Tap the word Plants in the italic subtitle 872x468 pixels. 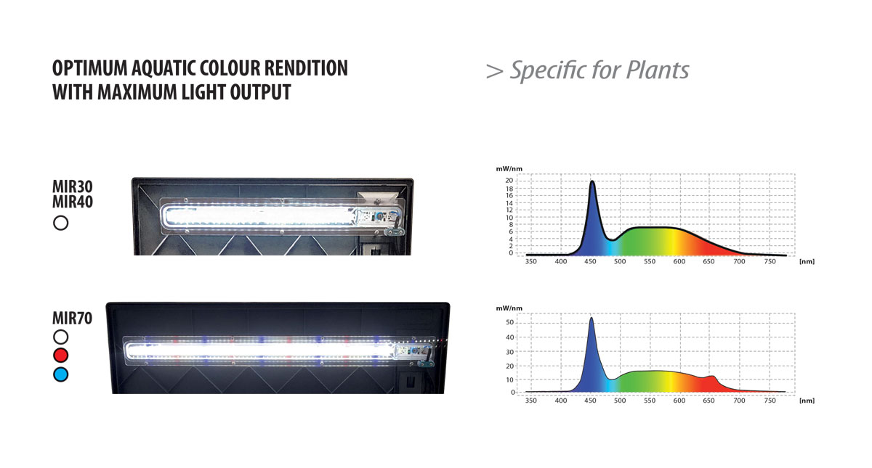[x=658, y=70]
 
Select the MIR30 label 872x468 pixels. [x=73, y=186]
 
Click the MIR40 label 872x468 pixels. [x=73, y=202]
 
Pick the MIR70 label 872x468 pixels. [x=73, y=319]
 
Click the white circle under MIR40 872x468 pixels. [x=61, y=223]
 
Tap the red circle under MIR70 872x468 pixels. [x=61, y=356]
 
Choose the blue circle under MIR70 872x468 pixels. [x=61, y=374]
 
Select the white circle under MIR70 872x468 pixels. [x=61, y=337]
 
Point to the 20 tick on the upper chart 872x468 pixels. [x=509, y=181]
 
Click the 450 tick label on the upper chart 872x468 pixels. [x=590, y=262]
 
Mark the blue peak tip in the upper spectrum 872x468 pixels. [x=592, y=181]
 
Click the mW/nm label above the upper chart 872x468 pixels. [x=509, y=168]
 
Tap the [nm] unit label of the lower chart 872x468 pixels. [x=807, y=401]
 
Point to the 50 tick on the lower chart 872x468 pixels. [x=509, y=323]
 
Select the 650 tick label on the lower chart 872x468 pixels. [x=709, y=401]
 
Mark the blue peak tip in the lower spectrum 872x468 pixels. [x=592, y=318]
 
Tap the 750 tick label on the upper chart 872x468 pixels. [x=770, y=262]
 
